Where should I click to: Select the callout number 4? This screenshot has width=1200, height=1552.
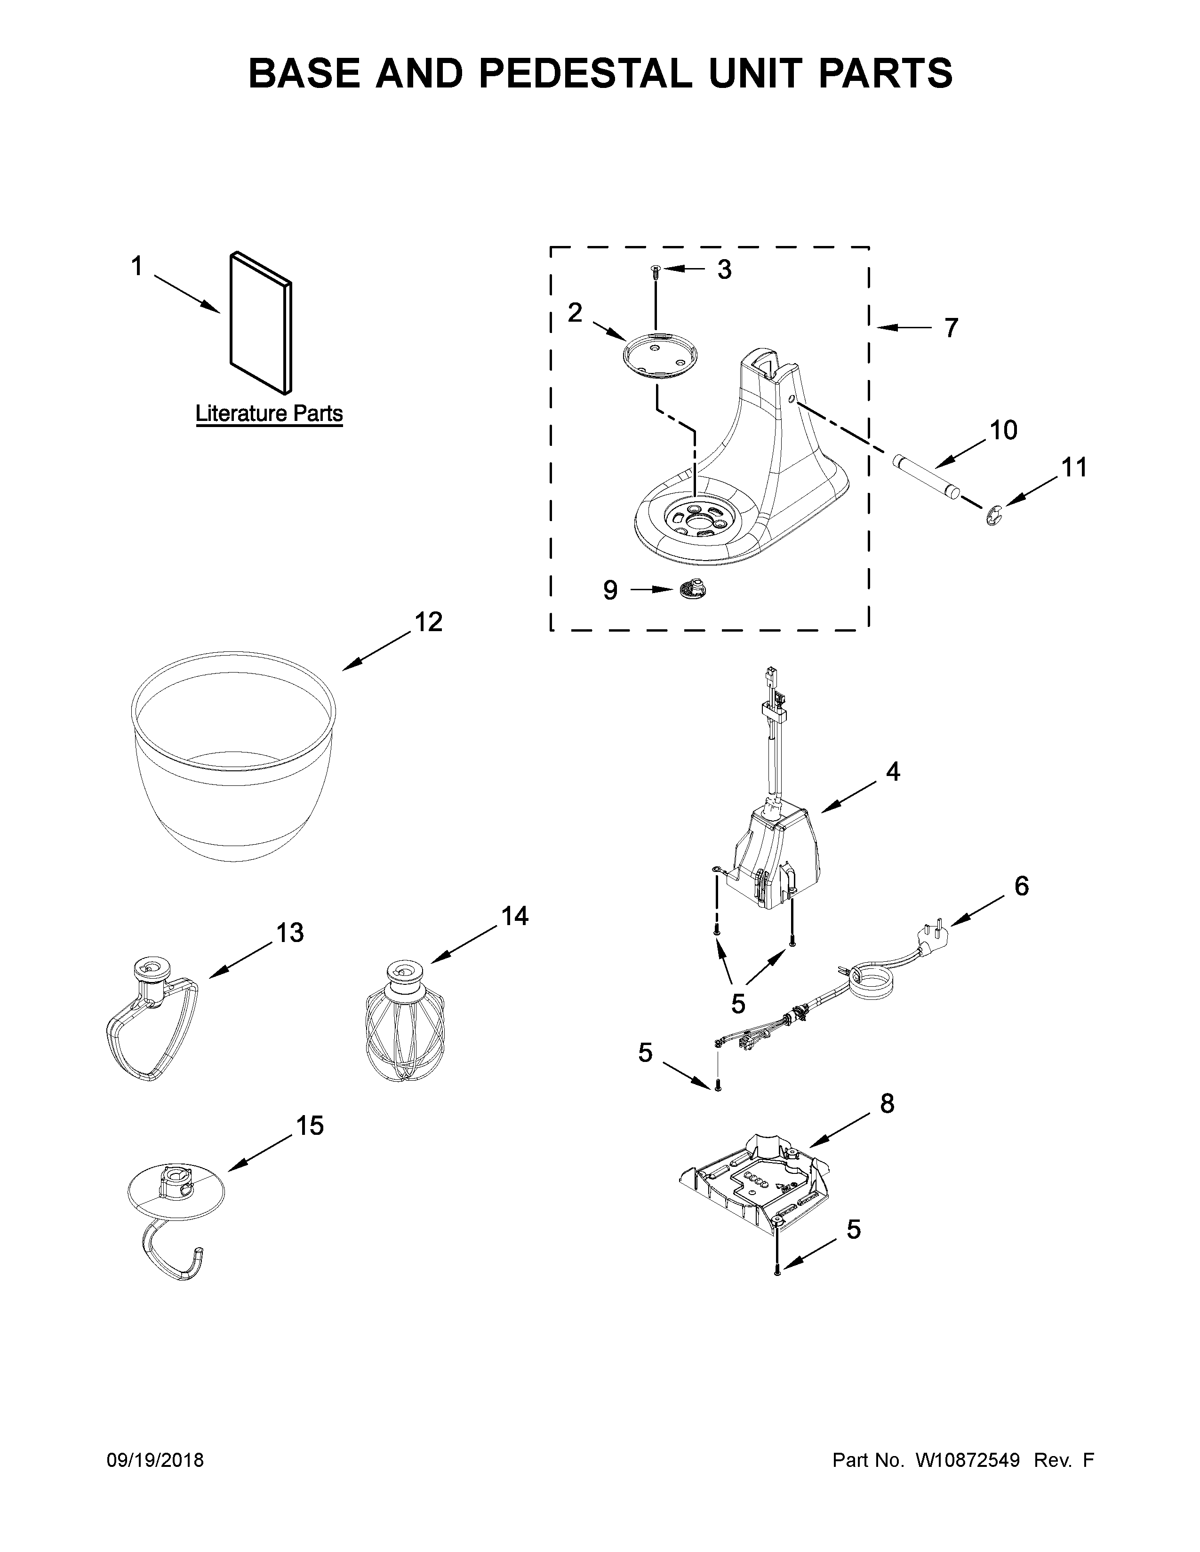893,771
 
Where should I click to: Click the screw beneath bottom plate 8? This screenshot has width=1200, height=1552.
778,1270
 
